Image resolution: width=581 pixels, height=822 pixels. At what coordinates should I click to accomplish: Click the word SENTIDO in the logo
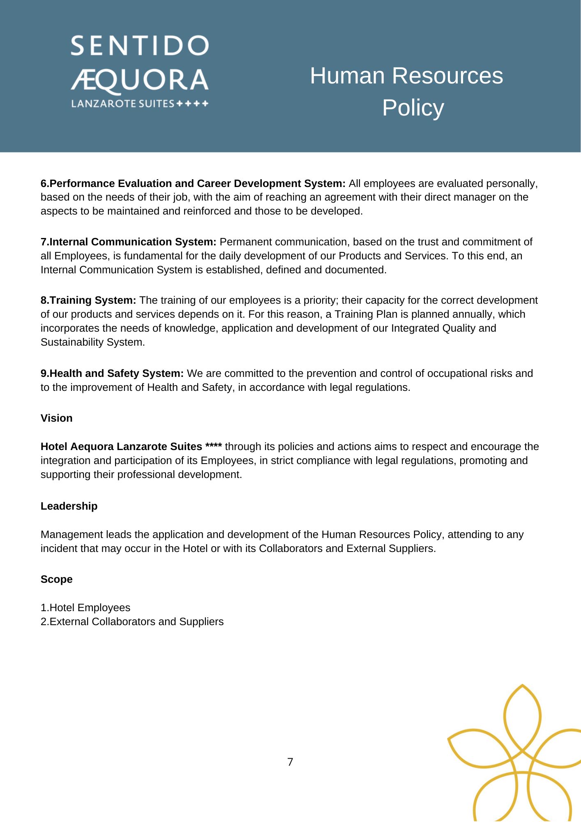(140, 46)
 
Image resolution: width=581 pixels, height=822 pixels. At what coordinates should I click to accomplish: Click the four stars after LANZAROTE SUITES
(192, 104)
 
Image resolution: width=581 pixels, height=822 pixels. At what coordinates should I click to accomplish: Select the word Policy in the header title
(413, 108)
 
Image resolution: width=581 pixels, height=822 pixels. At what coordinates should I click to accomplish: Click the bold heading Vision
(56, 418)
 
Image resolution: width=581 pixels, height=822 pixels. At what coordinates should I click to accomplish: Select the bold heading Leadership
(69, 506)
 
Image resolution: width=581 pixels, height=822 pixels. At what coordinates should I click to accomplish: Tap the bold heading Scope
(56, 579)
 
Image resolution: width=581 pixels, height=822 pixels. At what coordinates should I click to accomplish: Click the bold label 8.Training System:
(88, 300)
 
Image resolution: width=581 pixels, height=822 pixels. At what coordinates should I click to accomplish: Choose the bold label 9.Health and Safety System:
(112, 374)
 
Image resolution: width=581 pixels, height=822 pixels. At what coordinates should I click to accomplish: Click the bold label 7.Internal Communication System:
(128, 242)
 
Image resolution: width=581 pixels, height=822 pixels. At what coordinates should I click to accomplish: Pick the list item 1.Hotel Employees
(85, 607)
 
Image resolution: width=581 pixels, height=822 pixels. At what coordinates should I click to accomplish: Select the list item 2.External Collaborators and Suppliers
(132, 621)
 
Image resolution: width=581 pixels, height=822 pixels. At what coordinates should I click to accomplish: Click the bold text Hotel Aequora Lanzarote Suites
(121, 447)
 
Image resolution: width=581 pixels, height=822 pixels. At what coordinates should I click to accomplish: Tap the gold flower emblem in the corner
(518, 756)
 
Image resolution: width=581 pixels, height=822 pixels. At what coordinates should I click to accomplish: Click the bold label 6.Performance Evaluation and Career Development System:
(193, 183)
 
